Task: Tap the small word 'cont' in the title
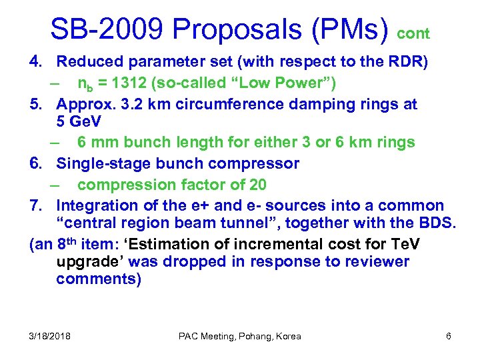(414, 33)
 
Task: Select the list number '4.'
(37, 63)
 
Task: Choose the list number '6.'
(37, 163)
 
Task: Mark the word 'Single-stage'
(102, 163)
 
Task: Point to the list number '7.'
(37, 205)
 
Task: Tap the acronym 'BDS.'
(436, 223)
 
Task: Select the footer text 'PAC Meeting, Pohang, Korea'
(240, 336)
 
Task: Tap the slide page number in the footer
(449, 336)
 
